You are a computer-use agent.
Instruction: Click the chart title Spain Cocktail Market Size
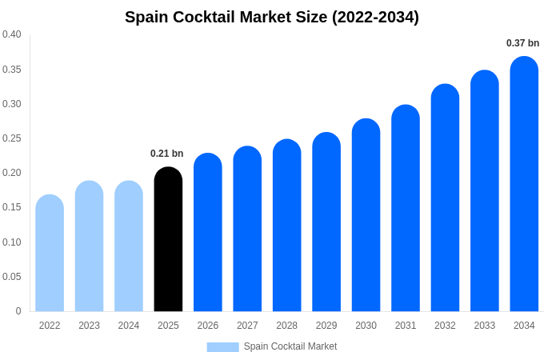click(272, 17)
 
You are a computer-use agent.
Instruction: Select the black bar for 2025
click(168, 240)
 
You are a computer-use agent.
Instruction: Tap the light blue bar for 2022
click(50, 254)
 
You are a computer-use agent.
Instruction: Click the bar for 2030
click(366, 216)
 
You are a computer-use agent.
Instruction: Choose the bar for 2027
click(247, 230)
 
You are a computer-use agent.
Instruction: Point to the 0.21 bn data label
click(167, 154)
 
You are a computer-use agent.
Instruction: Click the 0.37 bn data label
click(522, 43)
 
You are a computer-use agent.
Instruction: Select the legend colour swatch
click(222, 347)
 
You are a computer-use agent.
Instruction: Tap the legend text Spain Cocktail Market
click(290, 346)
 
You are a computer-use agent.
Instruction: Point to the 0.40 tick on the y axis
click(12, 34)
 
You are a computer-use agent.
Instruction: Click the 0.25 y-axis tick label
click(12, 138)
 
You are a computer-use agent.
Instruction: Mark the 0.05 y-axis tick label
click(12, 277)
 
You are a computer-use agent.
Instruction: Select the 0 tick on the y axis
click(18, 311)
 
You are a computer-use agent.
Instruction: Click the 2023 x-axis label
click(89, 326)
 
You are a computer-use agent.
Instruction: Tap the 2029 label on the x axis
click(326, 326)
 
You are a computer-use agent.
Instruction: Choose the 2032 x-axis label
click(445, 326)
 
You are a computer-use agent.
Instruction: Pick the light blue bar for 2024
click(129, 246)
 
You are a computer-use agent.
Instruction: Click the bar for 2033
click(485, 192)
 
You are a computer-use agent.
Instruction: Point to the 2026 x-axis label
click(208, 326)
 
